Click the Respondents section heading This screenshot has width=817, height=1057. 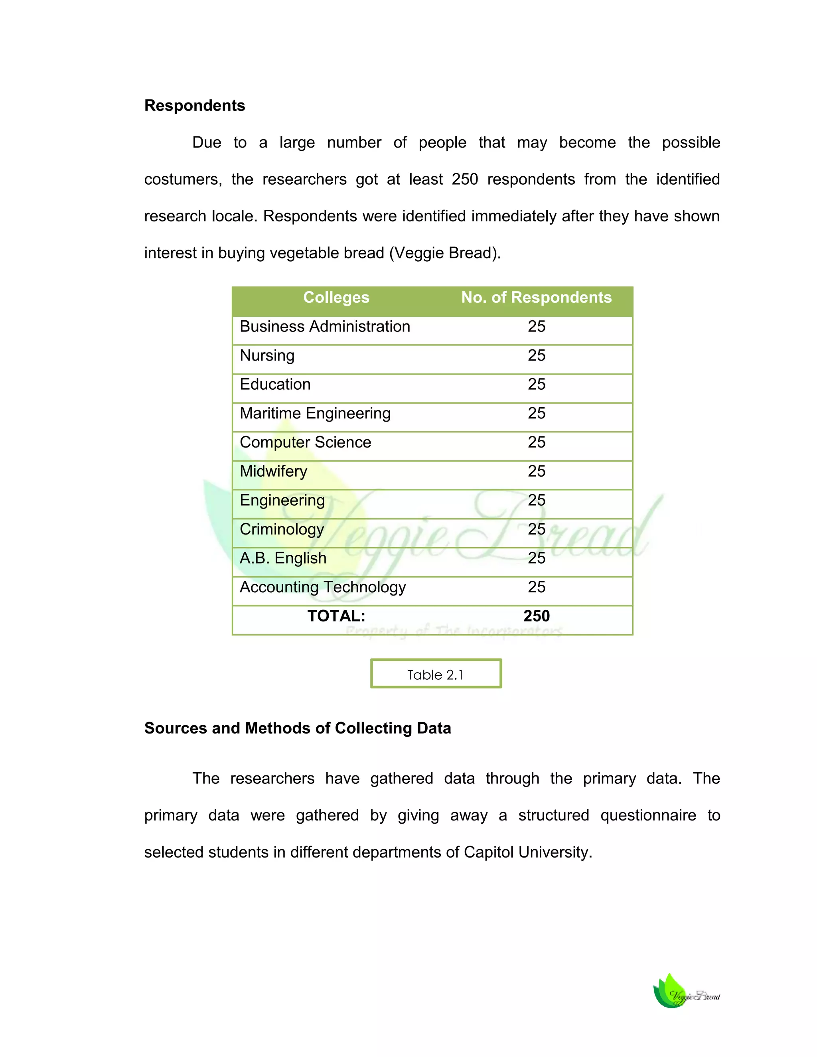click(195, 106)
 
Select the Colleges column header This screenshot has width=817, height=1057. click(336, 297)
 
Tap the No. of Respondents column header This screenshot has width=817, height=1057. click(536, 297)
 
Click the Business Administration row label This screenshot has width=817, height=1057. click(325, 327)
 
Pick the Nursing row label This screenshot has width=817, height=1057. click(267, 356)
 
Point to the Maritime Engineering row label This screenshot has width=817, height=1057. click(315, 413)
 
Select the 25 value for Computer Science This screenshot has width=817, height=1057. click(536, 442)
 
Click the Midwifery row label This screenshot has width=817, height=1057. click(273, 471)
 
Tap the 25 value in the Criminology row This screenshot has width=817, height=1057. click(536, 529)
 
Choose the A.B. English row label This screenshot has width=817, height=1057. click(283, 558)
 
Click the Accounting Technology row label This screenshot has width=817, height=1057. click(323, 587)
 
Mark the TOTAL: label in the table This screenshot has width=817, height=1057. click(336, 616)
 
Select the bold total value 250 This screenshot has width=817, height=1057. click(536, 616)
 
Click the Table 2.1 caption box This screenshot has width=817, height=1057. click(436, 674)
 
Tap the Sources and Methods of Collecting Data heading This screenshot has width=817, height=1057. click(298, 728)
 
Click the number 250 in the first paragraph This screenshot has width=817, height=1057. click(465, 179)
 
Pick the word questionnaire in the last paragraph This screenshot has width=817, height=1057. click(648, 815)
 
